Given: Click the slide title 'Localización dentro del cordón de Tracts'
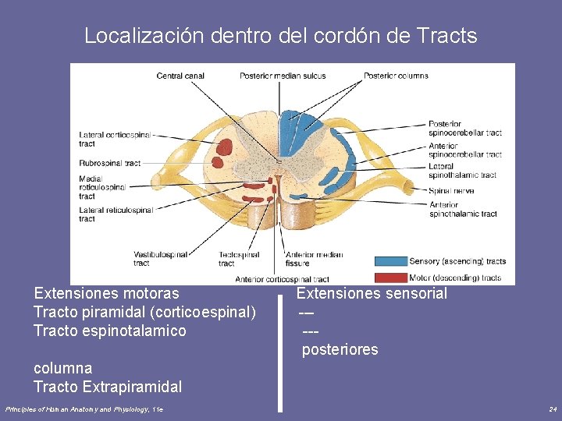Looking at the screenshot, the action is (280, 35).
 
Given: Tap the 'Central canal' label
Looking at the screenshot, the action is (180, 76).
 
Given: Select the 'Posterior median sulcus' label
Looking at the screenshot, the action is (283, 76).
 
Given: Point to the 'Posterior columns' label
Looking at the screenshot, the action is (396, 76).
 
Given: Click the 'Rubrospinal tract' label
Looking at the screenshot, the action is (109, 163).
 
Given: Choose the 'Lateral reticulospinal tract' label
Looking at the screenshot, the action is (116, 214).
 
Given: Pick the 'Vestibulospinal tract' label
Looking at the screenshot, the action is (160, 259).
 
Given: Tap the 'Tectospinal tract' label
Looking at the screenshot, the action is (239, 259).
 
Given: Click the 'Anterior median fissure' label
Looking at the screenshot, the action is (314, 259).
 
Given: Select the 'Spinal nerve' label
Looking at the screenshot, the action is (450, 190).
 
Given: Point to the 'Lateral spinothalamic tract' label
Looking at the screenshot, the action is (462, 171).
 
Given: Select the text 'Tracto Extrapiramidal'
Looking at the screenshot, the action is (108, 387).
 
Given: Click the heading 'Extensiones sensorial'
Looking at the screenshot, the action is (372, 293).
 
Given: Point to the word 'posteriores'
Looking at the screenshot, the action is (340, 350).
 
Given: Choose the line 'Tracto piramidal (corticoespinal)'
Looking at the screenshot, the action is (144, 312).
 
